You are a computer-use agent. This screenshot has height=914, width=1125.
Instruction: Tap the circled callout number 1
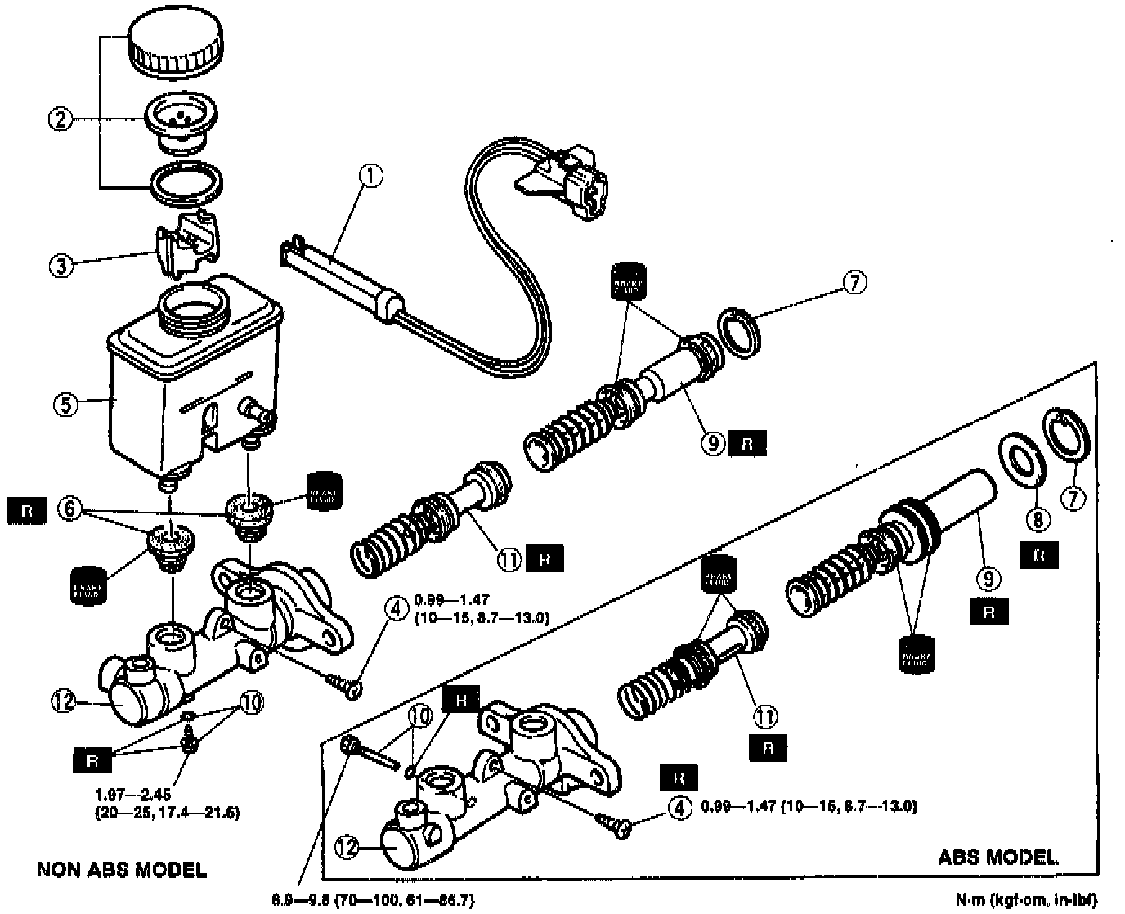coord(371,176)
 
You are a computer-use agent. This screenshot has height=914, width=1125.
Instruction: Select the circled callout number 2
coord(61,119)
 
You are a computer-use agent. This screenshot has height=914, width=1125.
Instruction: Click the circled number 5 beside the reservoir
coord(65,402)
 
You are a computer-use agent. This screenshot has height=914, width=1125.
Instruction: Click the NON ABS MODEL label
coord(122,868)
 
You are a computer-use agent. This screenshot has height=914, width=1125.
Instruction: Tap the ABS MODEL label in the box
coord(997,857)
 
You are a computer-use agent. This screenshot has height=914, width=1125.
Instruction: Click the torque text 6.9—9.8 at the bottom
coord(372,900)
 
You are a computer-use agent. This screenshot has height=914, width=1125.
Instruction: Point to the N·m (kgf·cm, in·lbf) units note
coord(1026,899)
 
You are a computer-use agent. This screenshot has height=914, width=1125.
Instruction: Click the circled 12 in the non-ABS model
coord(65,701)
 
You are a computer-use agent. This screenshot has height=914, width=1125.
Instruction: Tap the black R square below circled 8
coord(1039,556)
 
